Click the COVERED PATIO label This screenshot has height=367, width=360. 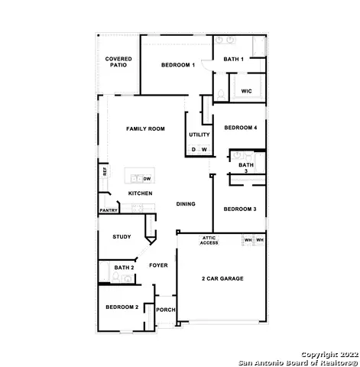click(x=118, y=62)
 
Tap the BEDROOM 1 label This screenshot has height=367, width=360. click(x=178, y=66)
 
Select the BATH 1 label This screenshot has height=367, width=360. click(x=233, y=59)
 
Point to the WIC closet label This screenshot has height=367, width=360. click(x=246, y=91)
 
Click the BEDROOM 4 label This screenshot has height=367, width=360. click(x=239, y=128)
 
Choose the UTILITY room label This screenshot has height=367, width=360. click(x=199, y=135)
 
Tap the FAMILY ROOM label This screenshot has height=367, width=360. click(x=145, y=129)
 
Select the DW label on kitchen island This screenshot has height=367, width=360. click(x=148, y=178)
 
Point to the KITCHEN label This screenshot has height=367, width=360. click(x=140, y=193)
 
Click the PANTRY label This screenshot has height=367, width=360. click(x=109, y=210)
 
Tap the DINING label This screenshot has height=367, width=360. click(x=186, y=204)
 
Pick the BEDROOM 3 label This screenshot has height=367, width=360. click(x=239, y=209)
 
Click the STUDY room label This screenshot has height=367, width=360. click(x=122, y=237)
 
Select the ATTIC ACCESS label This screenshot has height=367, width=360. click(x=209, y=242)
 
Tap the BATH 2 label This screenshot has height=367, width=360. click(x=124, y=268)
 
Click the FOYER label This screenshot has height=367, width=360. click(x=158, y=265)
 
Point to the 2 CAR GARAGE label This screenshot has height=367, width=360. click(x=222, y=278)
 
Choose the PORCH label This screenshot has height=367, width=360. click(x=165, y=310)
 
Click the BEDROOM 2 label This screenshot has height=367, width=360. click(x=122, y=307)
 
